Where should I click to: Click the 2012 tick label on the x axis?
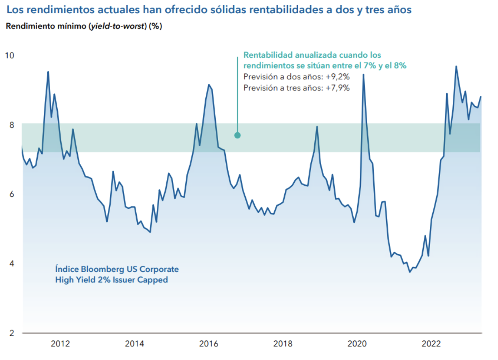pyautogui.click(x=60, y=344)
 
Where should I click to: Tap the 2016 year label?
pyautogui.click(x=209, y=344)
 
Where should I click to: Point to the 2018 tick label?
pyautogui.click(x=283, y=344)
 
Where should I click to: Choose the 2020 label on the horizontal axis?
pyautogui.click(x=357, y=344)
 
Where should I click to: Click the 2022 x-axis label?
pyautogui.click(x=432, y=344)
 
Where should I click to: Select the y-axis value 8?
pyautogui.click(x=12, y=125)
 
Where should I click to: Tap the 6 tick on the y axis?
pyautogui.click(x=12, y=194)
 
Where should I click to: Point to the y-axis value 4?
pyautogui.click(x=12, y=263)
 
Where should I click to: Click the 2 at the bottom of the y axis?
pyautogui.click(x=12, y=333)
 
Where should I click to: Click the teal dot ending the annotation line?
pyautogui.click(x=237, y=136)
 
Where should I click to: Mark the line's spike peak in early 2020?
pyautogui.click(x=363, y=75)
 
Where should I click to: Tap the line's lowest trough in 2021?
pyautogui.click(x=410, y=272)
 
